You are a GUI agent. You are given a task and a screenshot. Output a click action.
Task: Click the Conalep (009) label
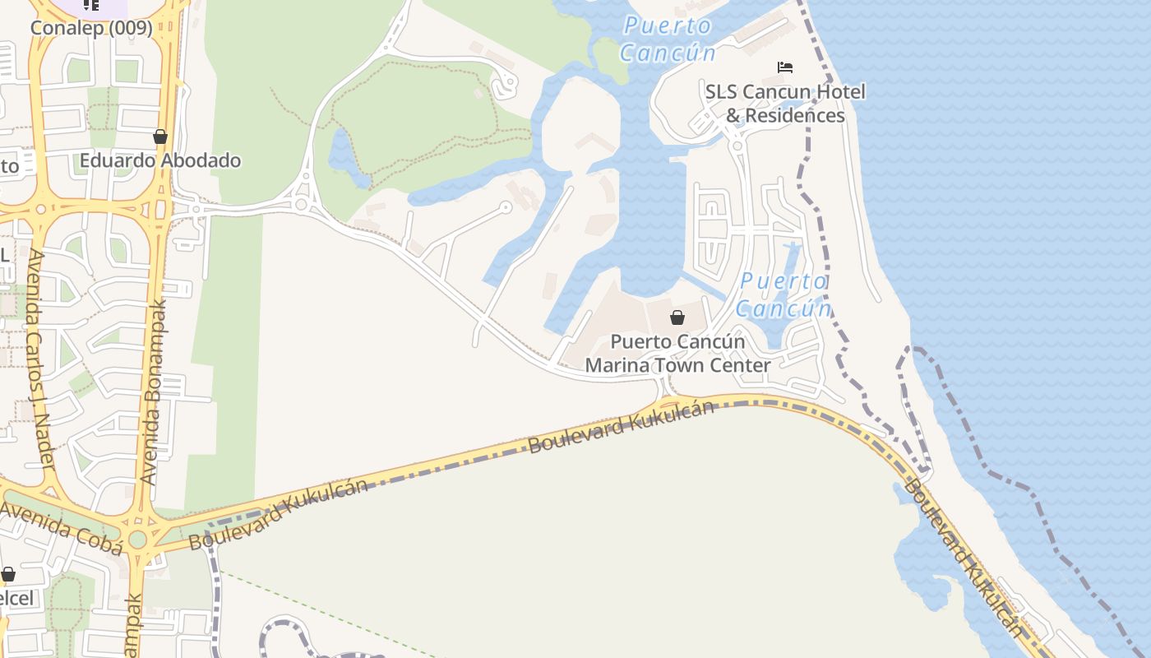click(91, 28)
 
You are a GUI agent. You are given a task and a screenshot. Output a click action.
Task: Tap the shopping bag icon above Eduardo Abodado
click(160, 137)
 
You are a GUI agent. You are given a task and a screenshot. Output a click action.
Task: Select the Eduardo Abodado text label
click(160, 160)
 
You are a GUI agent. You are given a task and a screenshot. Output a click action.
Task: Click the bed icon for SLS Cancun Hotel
click(785, 67)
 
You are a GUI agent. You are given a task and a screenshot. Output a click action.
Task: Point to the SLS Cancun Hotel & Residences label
click(785, 103)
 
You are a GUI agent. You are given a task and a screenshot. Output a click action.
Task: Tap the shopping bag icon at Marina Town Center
click(677, 317)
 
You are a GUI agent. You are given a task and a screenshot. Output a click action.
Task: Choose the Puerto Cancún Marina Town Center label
click(677, 353)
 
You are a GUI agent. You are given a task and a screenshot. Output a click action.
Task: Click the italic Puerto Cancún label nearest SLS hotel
click(668, 39)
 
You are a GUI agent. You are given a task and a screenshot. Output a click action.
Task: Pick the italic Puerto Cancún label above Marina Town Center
click(784, 294)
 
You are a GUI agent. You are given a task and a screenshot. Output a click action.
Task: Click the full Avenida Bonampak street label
click(155, 392)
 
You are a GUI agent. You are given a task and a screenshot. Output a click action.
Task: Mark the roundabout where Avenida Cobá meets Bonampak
click(137, 540)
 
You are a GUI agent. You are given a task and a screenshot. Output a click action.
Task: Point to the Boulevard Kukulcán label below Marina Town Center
click(621, 426)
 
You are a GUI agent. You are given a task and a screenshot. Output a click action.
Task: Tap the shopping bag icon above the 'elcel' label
click(8, 574)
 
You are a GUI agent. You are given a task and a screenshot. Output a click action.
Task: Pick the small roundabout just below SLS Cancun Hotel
click(737, 146)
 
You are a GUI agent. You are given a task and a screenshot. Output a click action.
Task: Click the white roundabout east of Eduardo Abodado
click(301, 204)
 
